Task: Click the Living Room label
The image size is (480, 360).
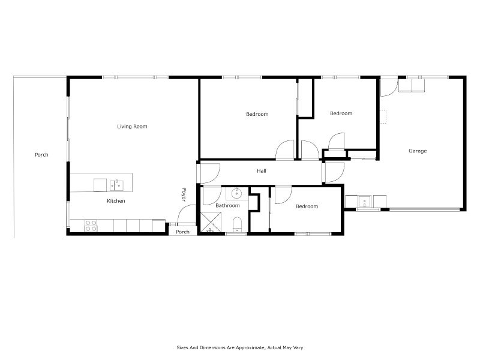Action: pyautogui.click(x=132, y=127)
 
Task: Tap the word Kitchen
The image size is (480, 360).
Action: pyautogui.click(x=116, y=201)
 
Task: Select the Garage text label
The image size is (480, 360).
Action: pyautogui.click(x=418, y=151)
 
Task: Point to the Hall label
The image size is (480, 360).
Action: pyautogui.click(x=262, y=171)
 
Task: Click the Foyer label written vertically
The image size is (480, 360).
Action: pyautogui.click(x=184, y=194)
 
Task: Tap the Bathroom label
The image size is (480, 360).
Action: pyautogui.click(x=227, y=206)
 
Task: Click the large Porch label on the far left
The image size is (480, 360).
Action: pyautogui.click(x=41, y=155)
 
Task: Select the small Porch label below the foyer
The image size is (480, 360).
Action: pyautogui.click(x=182, y=232)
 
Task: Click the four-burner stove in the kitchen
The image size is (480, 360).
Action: pyautogui.click(x=91, y=226)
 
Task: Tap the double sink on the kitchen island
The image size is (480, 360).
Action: pyautogui.click(x=116, y=183)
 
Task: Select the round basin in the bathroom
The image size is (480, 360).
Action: pyautogui.click(x=237, y=193)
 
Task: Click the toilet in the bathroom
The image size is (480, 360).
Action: pyautogui.click(x=237, y=225)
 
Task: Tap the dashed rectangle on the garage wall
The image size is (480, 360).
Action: pyautogui.click(x=382, y=116)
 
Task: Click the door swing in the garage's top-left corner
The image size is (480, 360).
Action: pyautogui.click(x=388, y=87)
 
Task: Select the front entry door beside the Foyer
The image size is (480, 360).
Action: pyautogui.click(x=187, y=214)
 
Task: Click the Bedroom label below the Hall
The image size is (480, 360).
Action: pyautogui.click(x=307, y=206)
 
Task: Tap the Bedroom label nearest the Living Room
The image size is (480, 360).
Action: pyautogui.click(x=257, y=114)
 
